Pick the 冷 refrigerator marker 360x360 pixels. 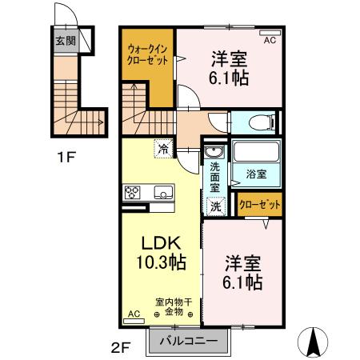point(163,148)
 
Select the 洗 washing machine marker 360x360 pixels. point(214,206)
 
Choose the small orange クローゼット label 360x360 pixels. point(260,205)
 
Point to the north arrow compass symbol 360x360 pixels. point(313,342)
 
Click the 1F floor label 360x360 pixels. point(66,157)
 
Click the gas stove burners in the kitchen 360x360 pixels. point(132,193)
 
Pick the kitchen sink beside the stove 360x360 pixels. point(162,193)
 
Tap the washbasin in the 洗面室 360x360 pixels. point(214,154)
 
